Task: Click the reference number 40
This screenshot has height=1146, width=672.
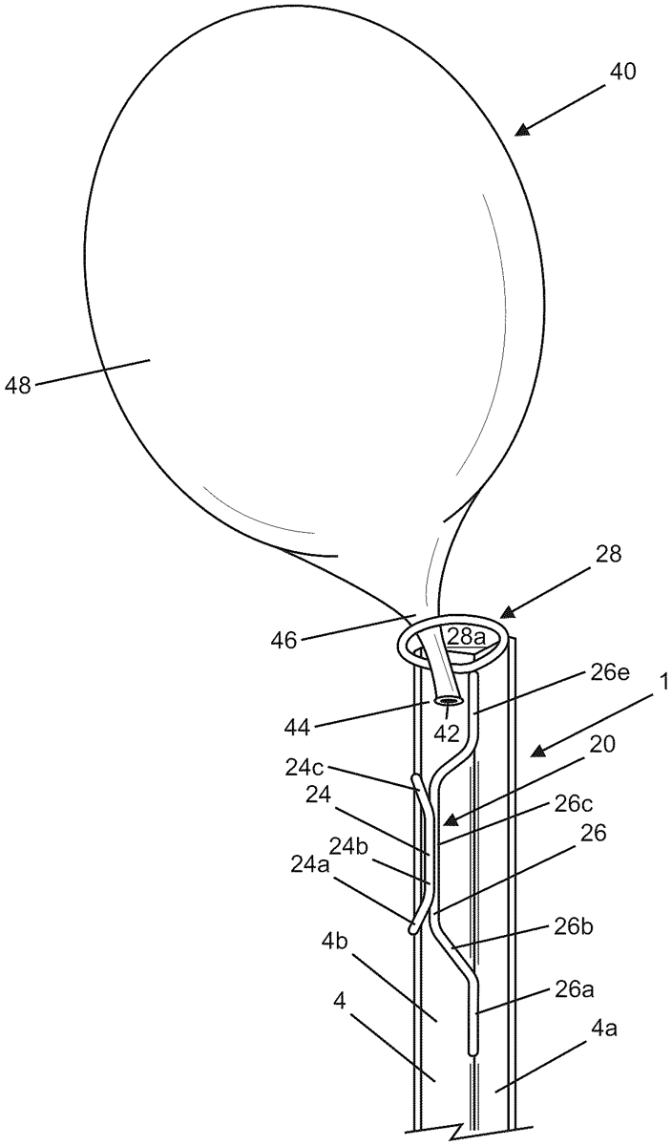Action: point(622,72)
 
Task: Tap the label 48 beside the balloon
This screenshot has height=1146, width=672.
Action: point(18,385)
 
